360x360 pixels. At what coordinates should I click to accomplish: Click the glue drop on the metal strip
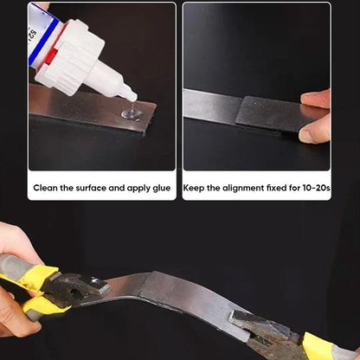coord(131,112)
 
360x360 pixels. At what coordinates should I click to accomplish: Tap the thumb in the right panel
coord(315,129)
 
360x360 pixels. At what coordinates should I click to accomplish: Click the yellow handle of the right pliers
coord(318,348)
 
